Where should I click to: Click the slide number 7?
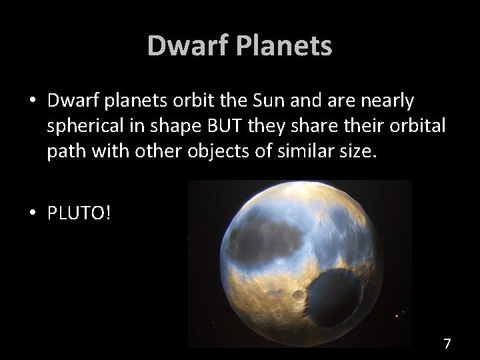447,344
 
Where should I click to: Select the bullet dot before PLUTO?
31,213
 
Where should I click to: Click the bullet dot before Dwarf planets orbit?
31,101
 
